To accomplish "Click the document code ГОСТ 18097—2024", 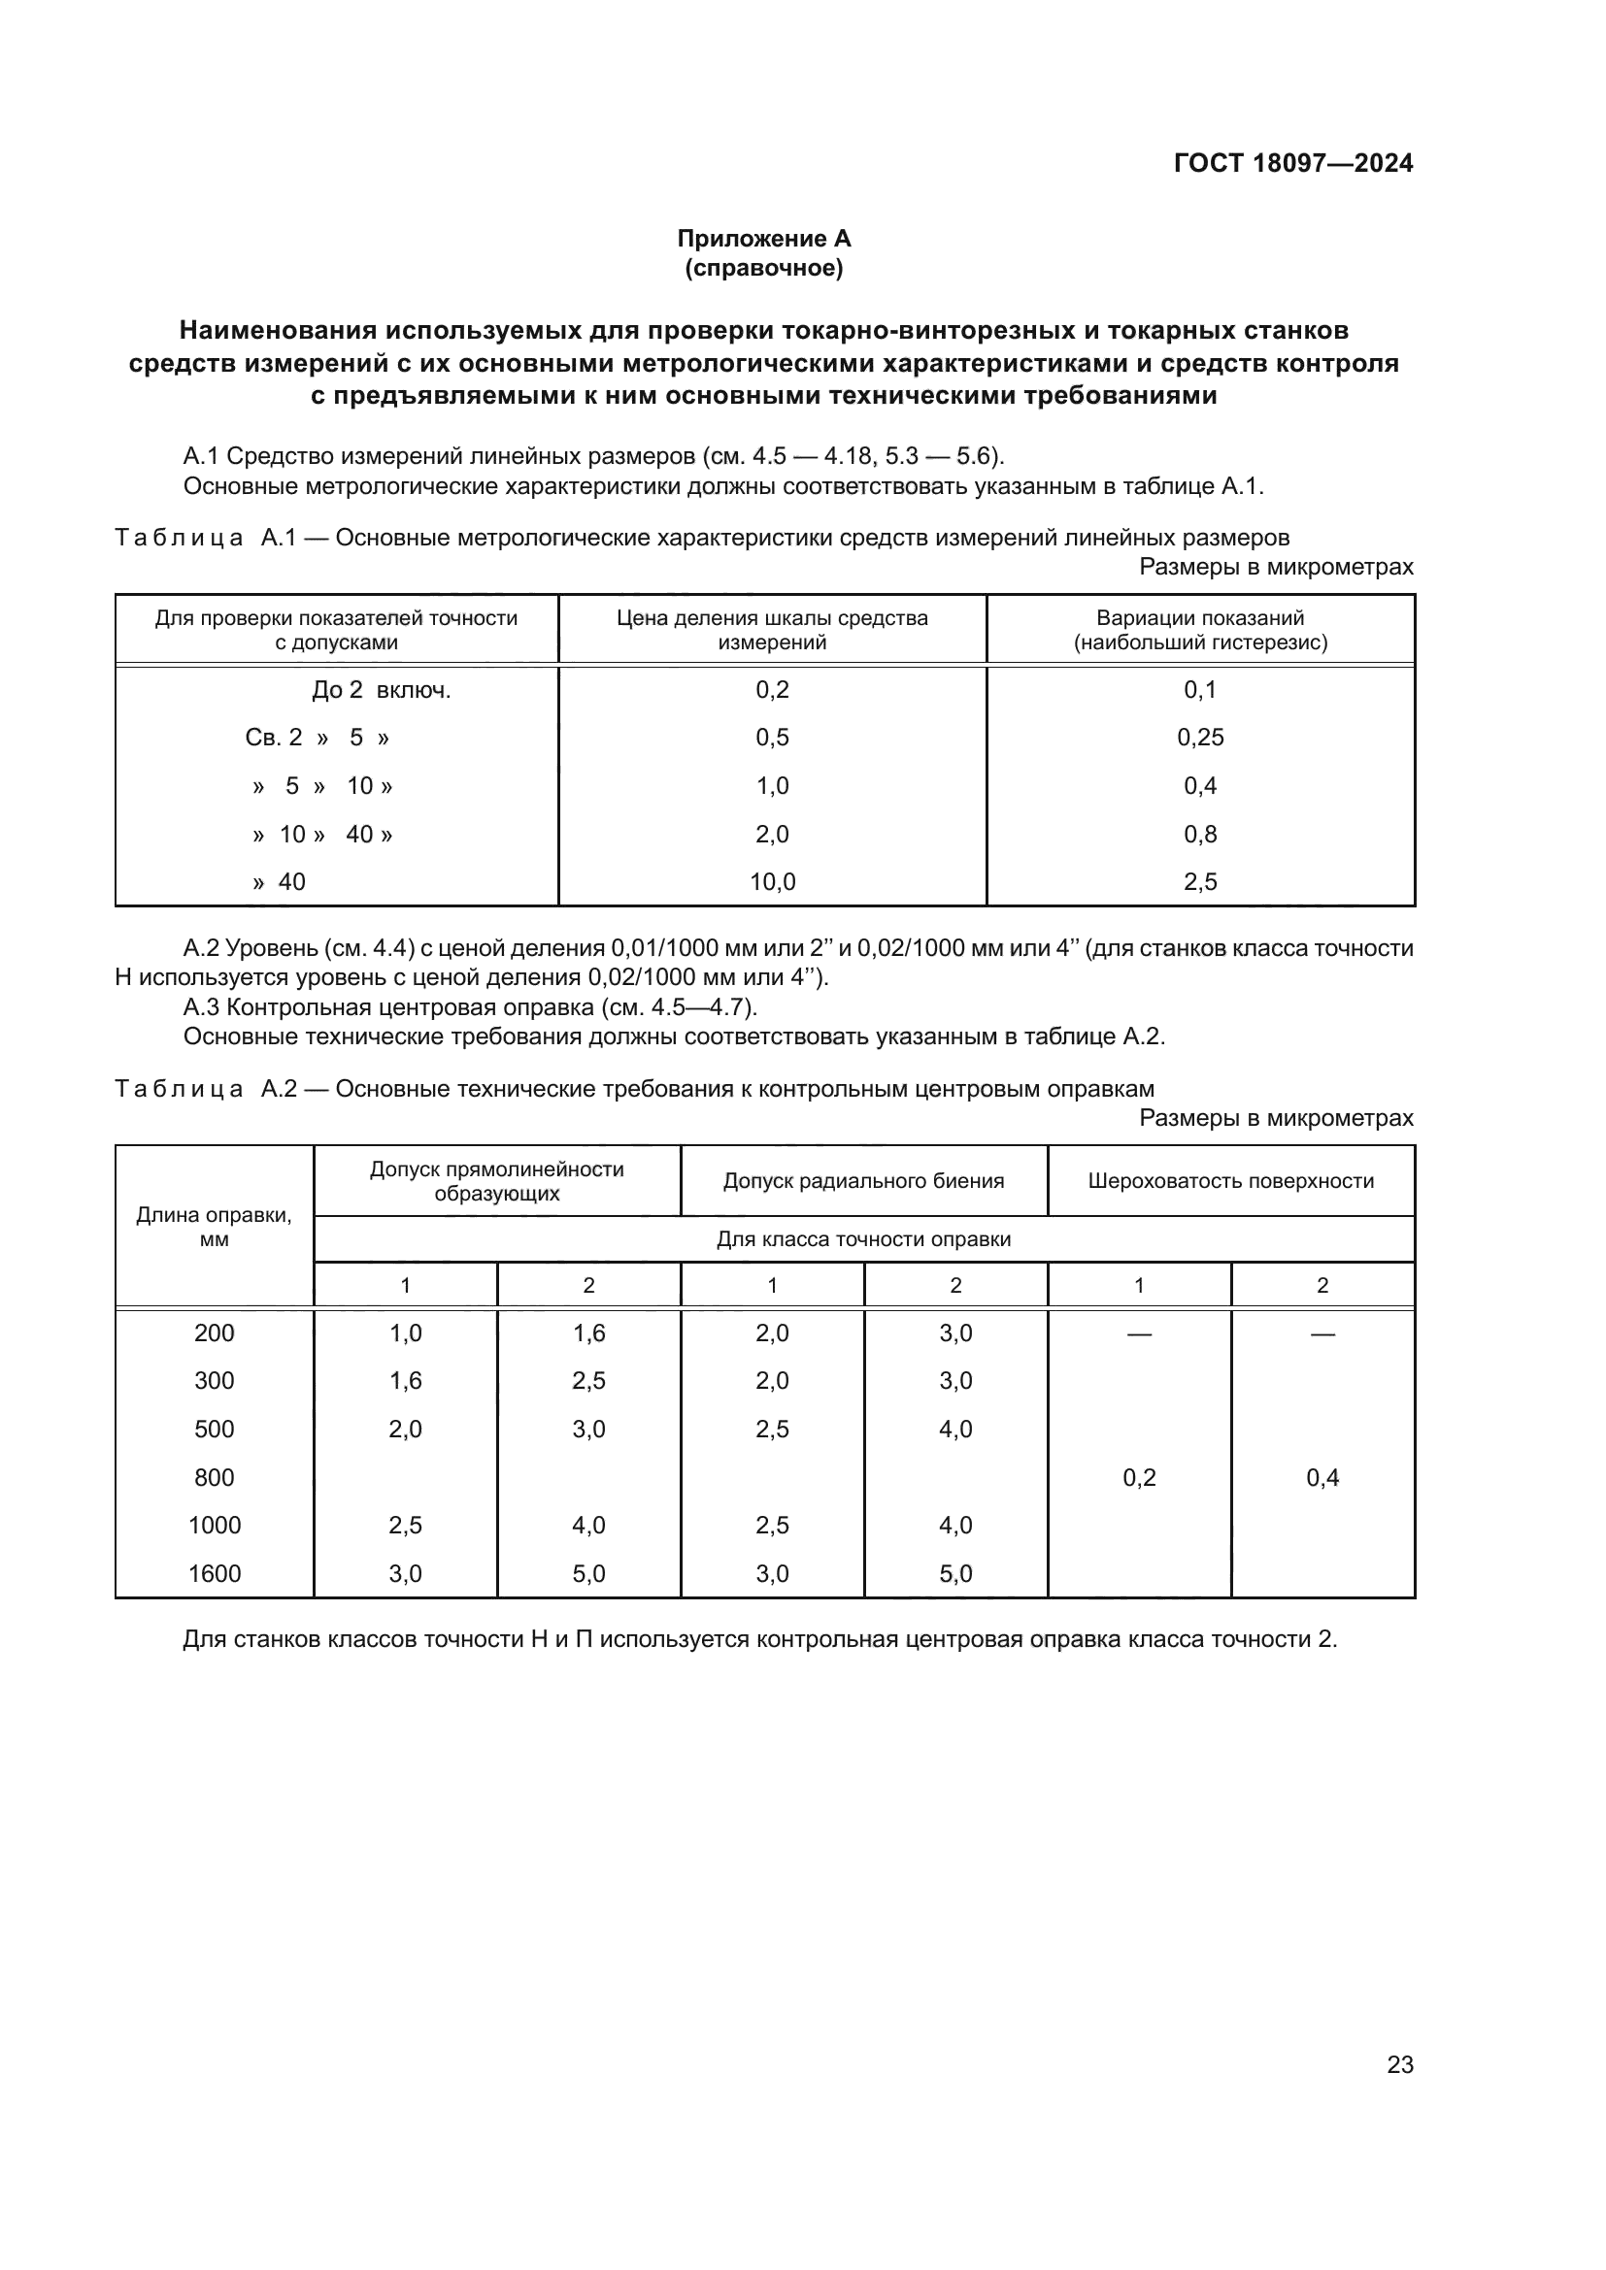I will (x=1292, y=163).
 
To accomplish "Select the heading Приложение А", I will (x=763, y=239).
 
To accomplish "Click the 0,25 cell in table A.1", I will (x=1199, y=738).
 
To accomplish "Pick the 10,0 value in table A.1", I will (x=771, y=882).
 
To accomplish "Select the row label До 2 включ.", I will (x=381, y=690).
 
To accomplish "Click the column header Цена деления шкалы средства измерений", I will (x=771, y=630).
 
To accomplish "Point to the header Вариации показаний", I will (x=1199, y=619).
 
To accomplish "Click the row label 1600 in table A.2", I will (x=214, y=1573).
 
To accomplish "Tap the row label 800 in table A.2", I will (x=214, y=1477).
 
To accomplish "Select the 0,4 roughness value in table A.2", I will (x=1322, y=1477).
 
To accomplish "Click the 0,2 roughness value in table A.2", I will (x=1138, y=1477).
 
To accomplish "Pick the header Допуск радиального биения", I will (x=863, y=1180).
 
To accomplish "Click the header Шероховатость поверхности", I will (x=1230, y=1180).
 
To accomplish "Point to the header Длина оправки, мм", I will (x=214, y=1227).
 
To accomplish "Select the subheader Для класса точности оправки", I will (x=863, y=1238).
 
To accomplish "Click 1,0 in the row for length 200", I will (x=405, y=1332).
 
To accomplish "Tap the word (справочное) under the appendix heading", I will (x=763, y=268).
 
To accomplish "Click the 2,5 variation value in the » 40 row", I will (x=1199, y=882).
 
